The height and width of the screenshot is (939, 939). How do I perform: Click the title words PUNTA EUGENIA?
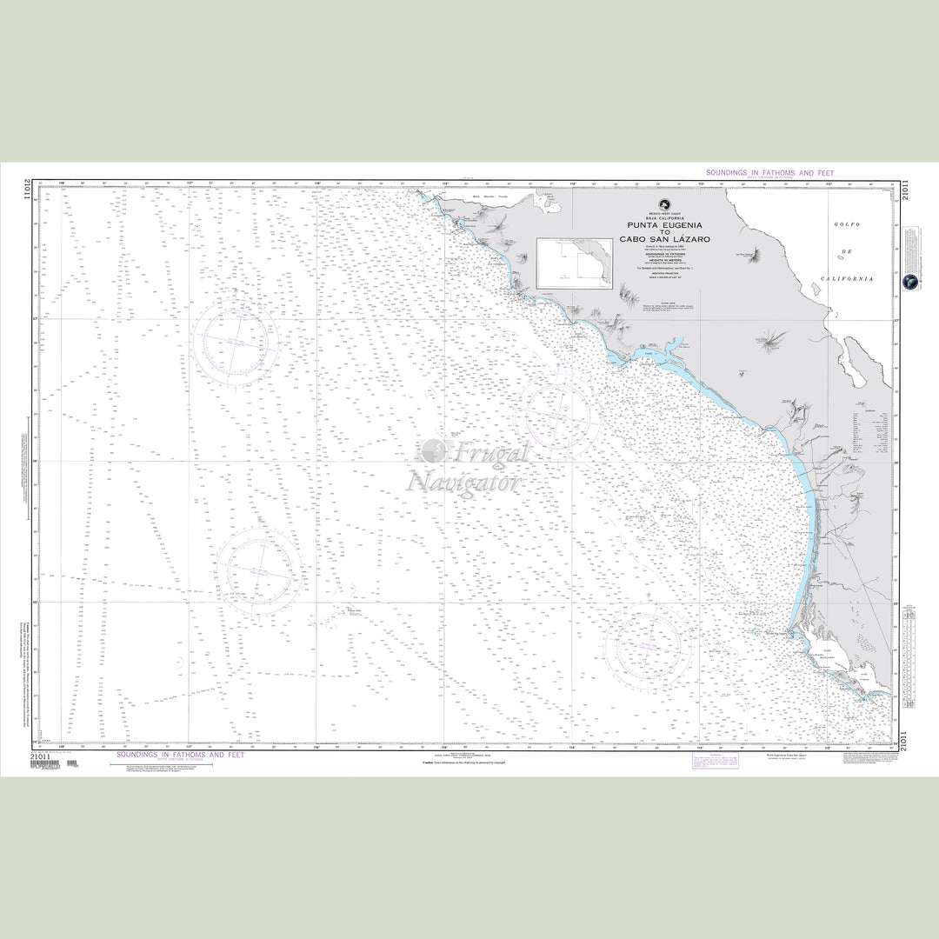664,224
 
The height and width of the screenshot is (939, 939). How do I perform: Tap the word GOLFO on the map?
847,224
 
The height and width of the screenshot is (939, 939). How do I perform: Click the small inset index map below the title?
574,263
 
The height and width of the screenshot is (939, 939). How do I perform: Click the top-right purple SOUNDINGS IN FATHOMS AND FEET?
769,174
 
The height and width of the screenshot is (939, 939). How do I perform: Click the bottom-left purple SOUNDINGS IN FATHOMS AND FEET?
180,756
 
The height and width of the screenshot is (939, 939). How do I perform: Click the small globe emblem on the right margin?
909,282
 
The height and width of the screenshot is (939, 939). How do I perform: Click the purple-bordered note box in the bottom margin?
714,761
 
